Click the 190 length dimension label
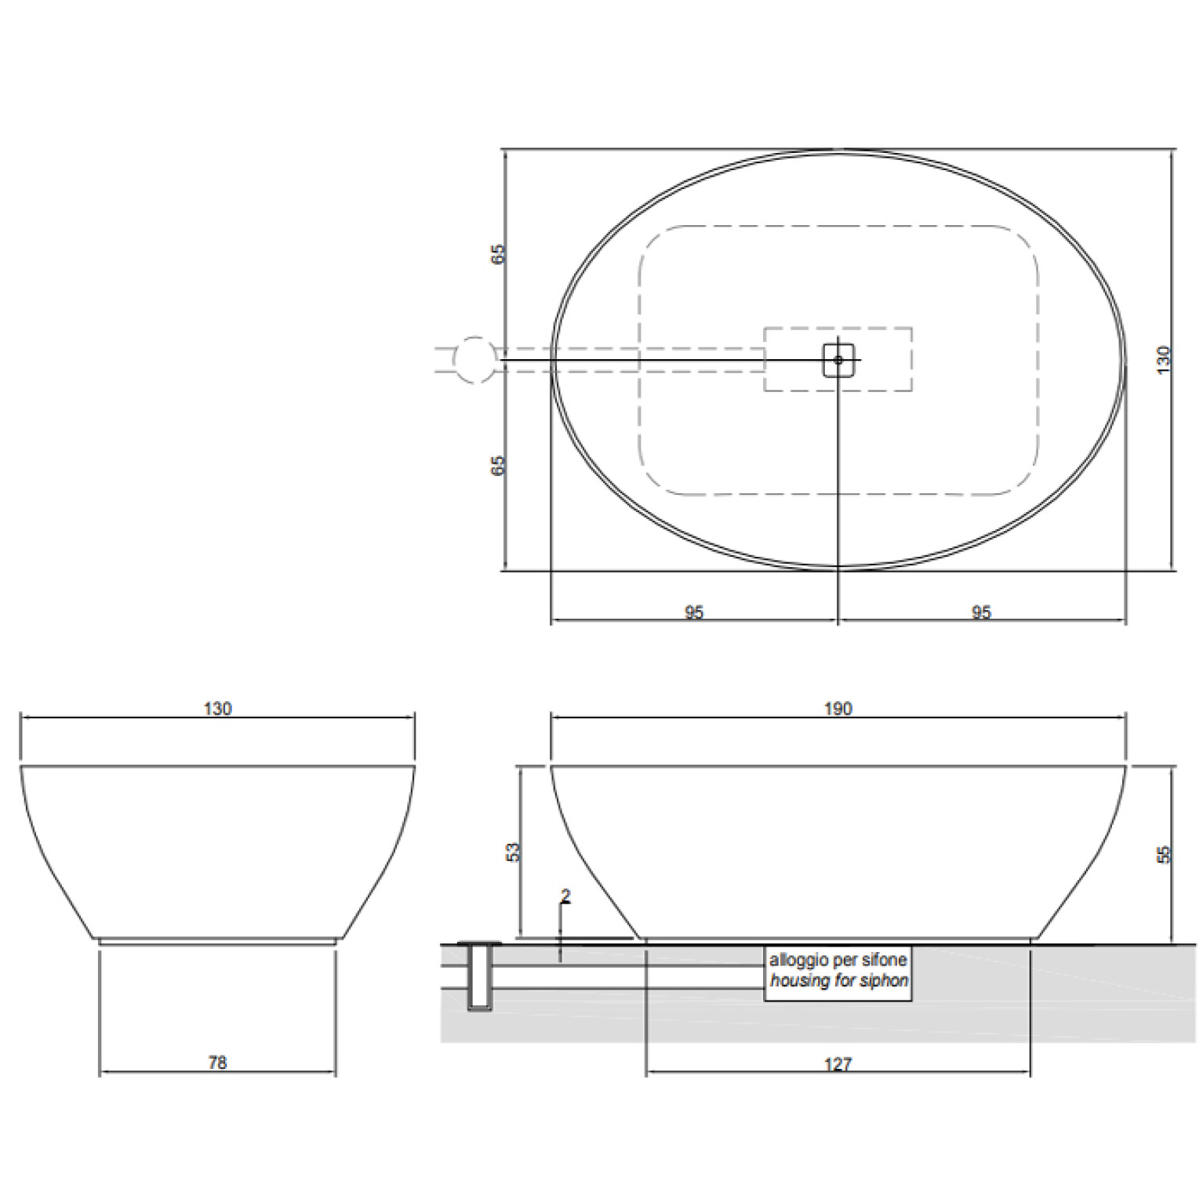838,709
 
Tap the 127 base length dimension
838,1064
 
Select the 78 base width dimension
217,1063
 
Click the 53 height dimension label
513,852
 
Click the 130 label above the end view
217,709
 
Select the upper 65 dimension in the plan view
499,254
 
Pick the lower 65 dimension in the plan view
499,465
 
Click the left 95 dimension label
694,612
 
